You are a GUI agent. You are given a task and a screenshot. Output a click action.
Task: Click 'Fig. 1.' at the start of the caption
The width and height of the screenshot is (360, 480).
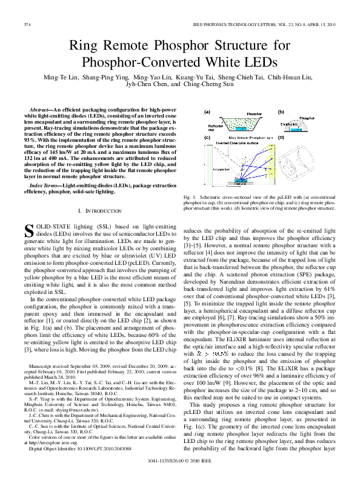188,198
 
